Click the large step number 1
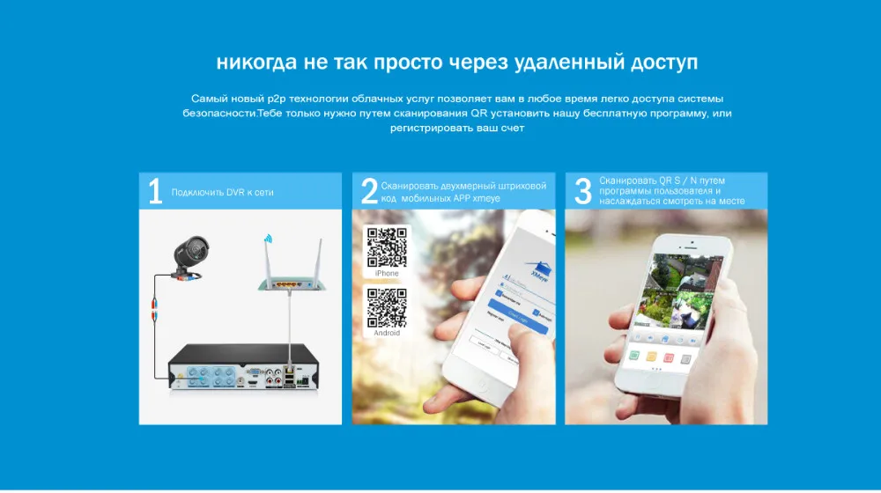(x=155, y=191)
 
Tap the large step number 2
(x=369, y=191)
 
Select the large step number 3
(x=582, y=191)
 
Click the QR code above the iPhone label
(x=386, y=247)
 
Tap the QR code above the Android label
(x=386, y=307)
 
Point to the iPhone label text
(x=386, y=274)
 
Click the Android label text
(x=386, y=333)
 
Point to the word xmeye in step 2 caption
(x=486, y=199)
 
